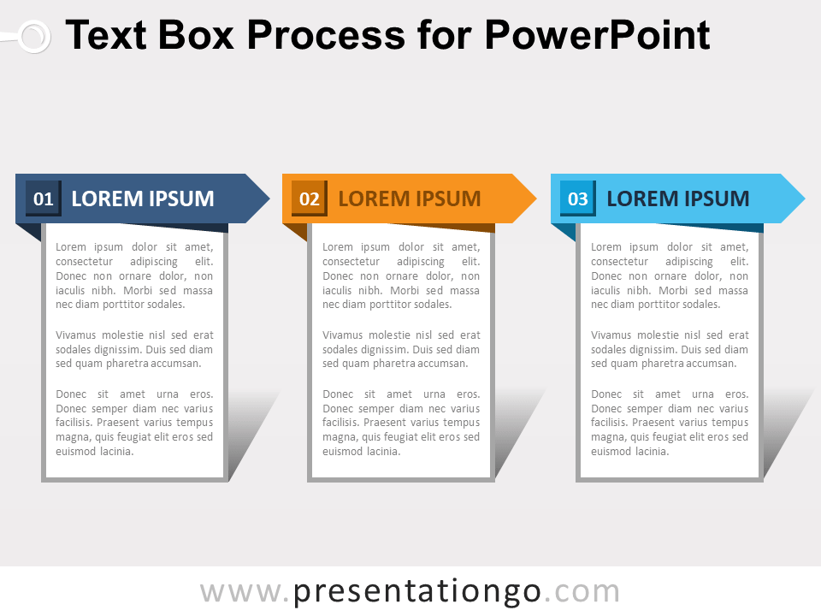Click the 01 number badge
pyautogui.click(x=43, y=199)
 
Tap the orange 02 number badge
pyautogui.click(x=310, y=199)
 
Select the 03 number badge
pyautogui.click(x=578, y=199)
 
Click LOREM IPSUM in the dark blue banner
pyautogui.click(x=143, y=199)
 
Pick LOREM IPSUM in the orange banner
pyautogui.click(x=410, y=199)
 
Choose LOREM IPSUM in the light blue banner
pyautogui.click(x=677, y=199)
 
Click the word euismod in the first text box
pyautogui.click(x=75, y=452)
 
